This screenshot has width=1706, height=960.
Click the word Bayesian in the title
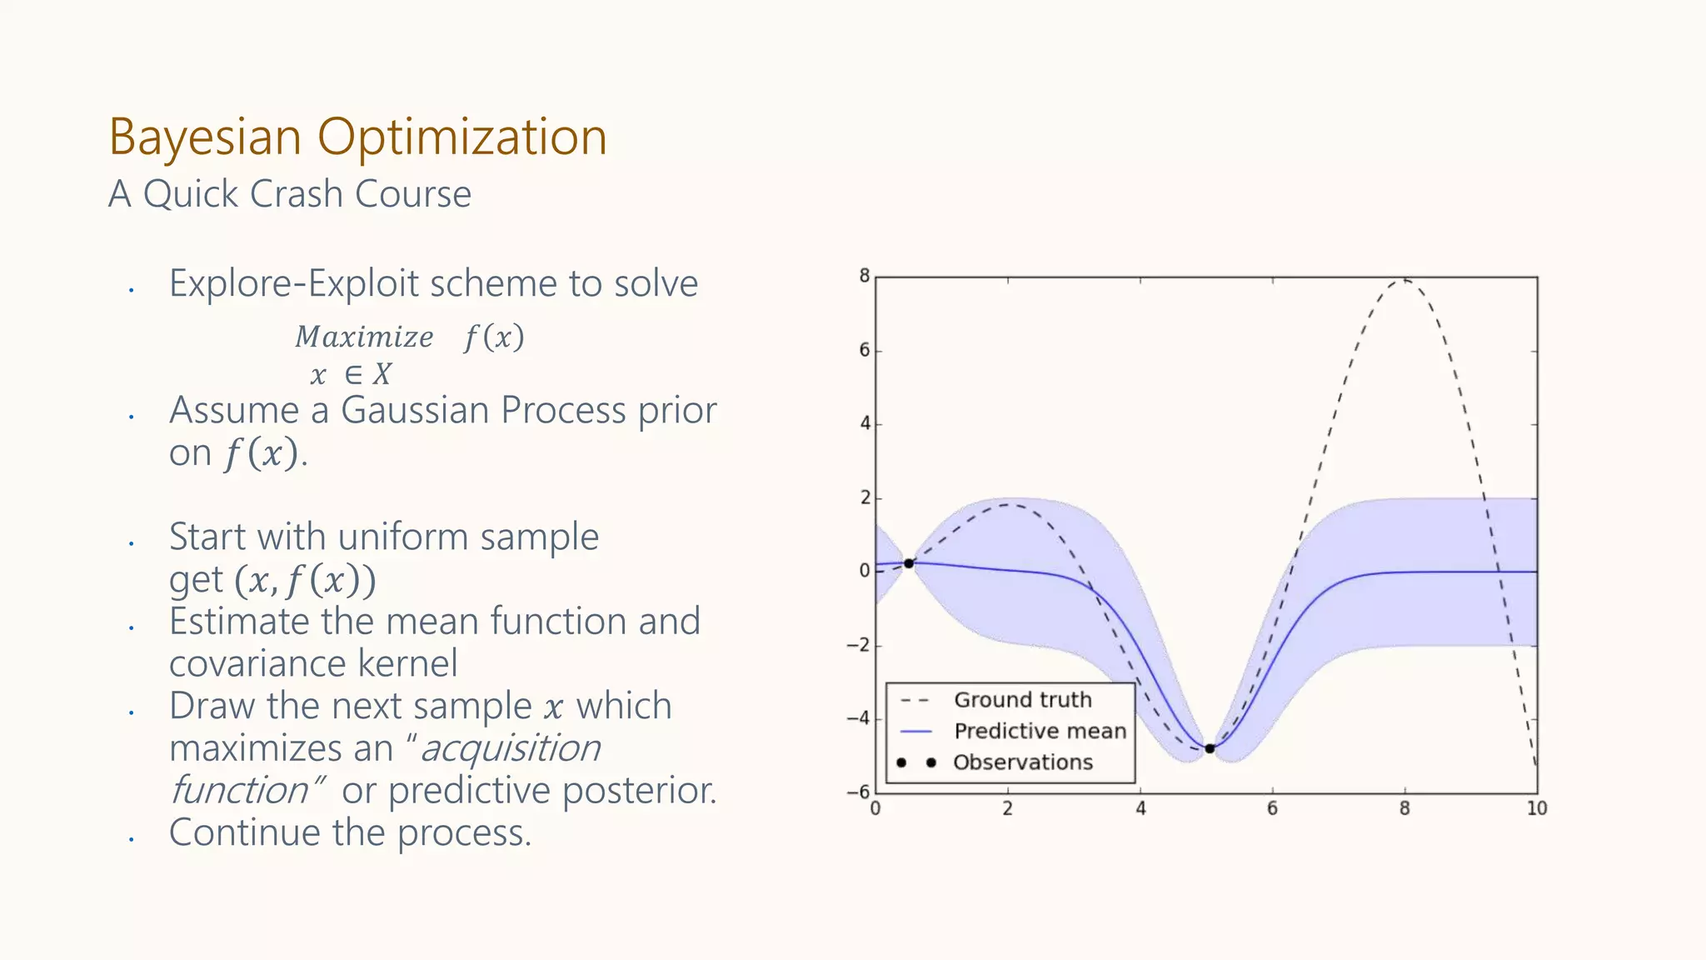click(x=204, y=137)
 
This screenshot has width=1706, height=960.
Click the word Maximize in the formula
click(x=364, y=337)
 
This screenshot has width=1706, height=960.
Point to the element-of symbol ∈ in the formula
click(x=353, y=374)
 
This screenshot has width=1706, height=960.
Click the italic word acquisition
click(x=510, y=748)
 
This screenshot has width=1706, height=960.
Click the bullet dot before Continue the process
click(x=132, y=839)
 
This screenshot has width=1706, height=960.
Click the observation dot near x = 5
click(x=1210, y=748)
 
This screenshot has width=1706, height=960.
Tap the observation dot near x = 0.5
click(x=909, y=563)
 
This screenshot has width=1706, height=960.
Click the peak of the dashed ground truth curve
click(x=1404, y=280)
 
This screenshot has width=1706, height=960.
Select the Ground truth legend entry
click(x=1022, y=700)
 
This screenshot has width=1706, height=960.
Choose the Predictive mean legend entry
click(x=1039, y=731)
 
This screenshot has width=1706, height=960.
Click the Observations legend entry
click(x=1022, y=762)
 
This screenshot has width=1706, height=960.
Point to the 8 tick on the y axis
click(x=865, y=276)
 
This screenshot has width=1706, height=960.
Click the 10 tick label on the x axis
click(x=1537, y=808)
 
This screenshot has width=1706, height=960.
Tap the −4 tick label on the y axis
click(x=859, y=718)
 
